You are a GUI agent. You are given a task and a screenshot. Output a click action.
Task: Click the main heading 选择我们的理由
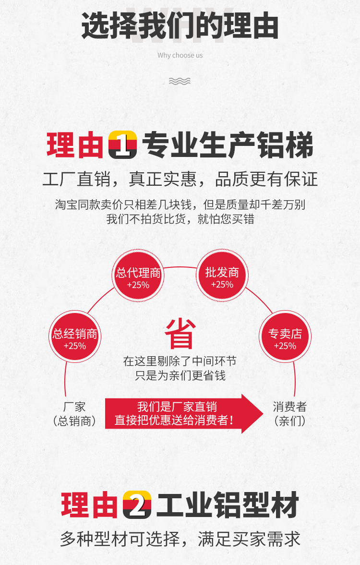[180, 26]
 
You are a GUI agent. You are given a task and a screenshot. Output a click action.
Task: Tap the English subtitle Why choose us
[180, 55]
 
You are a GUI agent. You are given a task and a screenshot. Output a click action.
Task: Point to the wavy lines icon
[180, 81]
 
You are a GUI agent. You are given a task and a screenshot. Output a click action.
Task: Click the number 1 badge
[123, 145]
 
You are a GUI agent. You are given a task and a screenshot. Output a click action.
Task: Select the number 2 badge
[137, 505]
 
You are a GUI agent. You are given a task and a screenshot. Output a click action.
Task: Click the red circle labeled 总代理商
[138, 277]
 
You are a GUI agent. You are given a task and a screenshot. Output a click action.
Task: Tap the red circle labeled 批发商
[222, 277]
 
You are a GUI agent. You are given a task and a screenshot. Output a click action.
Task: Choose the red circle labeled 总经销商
[75, 338]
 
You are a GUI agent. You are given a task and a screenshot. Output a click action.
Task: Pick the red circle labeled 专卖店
[285, 338]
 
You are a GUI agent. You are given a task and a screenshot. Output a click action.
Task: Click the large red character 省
[180, 334]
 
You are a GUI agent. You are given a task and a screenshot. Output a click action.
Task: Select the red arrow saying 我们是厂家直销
[184, 413]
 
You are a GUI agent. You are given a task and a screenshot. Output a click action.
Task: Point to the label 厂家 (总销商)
[74, 414]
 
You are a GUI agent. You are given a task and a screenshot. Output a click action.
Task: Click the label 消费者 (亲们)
[289, 414]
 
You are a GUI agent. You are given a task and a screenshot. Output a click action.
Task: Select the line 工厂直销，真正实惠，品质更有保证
[180, 179]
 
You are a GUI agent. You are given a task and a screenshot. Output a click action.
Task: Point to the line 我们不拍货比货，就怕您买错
[180, 219]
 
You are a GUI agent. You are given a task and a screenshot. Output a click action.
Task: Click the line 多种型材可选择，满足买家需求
[180, 539]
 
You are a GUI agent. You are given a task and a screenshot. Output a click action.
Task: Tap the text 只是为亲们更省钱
[180, 375]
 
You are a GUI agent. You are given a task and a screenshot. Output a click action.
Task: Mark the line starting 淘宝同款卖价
[180, 204]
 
